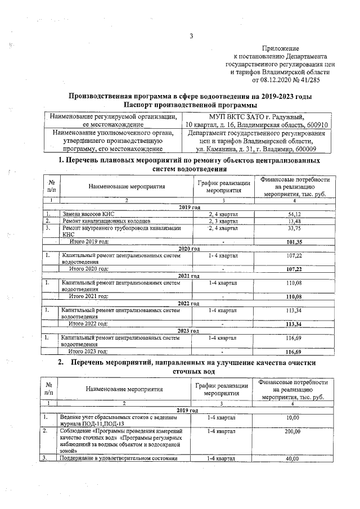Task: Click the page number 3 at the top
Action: pos(191,37)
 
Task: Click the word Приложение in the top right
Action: pos(285,49)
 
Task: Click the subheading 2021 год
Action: pos(189,276)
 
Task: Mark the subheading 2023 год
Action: pos(189,331)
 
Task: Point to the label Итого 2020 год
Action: pos(88,269)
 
